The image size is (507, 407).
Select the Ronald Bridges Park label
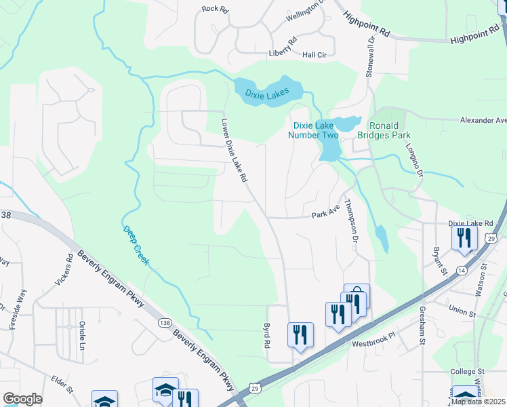coord(389,130)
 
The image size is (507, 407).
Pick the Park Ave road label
coord(325,214)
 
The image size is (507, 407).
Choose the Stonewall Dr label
coord(370,58)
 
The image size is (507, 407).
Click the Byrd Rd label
coord(266,335)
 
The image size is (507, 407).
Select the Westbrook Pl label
coord(371,344)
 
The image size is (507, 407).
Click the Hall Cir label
coord(315,55)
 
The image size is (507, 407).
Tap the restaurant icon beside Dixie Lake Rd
coord(464,237)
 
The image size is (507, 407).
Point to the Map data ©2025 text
coord(477,401)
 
